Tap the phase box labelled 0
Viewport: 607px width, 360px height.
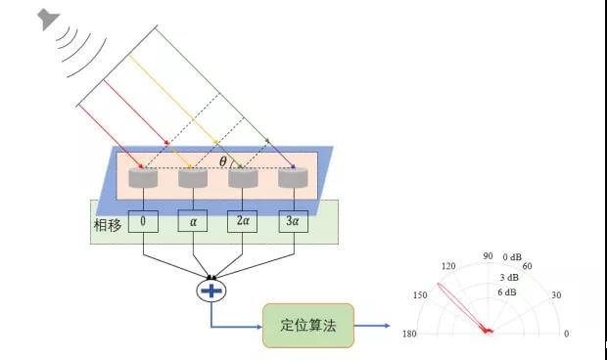[143, 222]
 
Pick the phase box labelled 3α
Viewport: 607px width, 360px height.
[291, 222]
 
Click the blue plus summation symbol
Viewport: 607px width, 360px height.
[211, 290]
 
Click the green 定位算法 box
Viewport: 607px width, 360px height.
[307, 326]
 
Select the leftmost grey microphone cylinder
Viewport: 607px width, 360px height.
[143, 178]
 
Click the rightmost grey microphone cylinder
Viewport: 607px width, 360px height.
[293, 178]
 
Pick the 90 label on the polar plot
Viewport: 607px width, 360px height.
[487, 256]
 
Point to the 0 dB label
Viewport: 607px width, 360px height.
[515, 257]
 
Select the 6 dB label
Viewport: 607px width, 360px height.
[507, 292]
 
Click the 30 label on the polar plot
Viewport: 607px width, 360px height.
[556, 295]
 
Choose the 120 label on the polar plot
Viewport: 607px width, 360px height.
[448, 266]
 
